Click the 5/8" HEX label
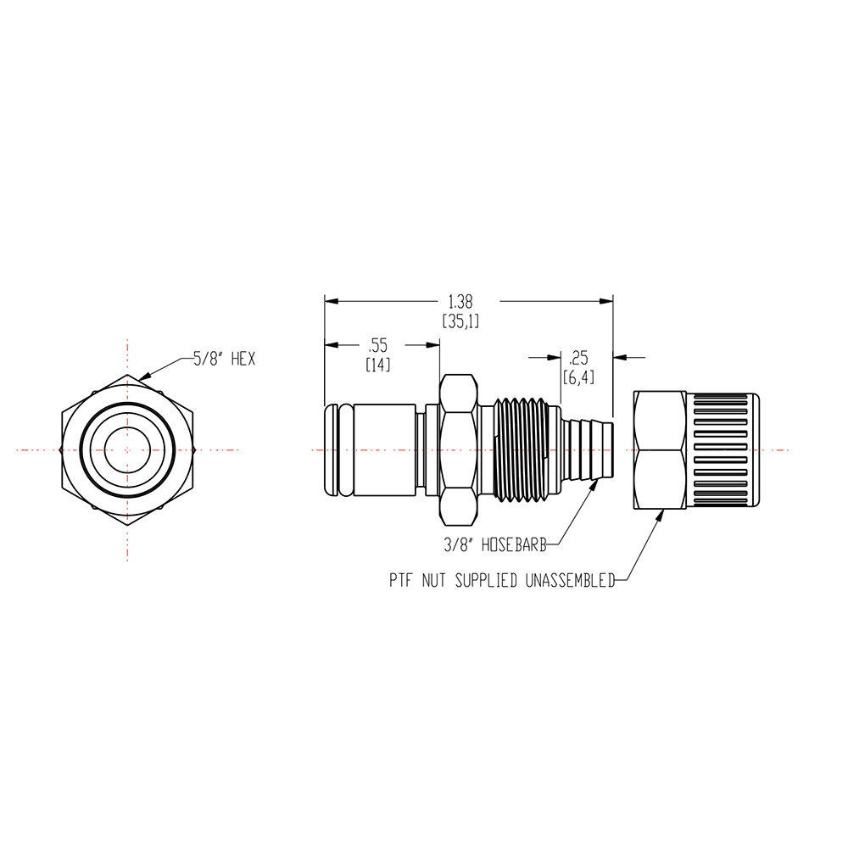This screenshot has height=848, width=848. [x=224, y=360]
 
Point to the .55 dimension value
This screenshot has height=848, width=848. [x=377, y=344]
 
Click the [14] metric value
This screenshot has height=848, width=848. [x=377, y=364]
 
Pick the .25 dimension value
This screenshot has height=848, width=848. [x=579, y=355]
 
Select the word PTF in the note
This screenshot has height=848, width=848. [x=401, y=582]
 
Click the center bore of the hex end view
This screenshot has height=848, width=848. [x=127, y=449]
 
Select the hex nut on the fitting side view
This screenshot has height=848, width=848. [x=459, y=449]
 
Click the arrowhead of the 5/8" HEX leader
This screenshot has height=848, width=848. [x=142, y=376]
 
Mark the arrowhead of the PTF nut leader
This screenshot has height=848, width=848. [x=661, y=512]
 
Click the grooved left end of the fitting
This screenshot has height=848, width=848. [x=337, y=449]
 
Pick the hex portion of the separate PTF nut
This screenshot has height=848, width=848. [x=660, y=449]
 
